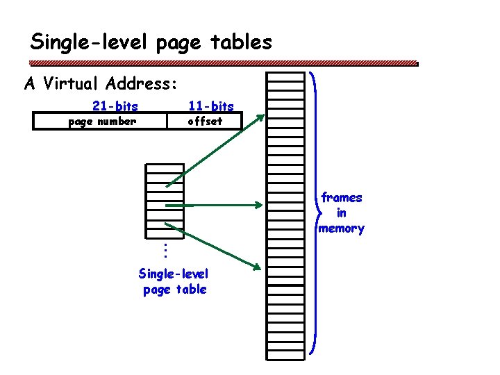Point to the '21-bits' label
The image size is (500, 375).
115,106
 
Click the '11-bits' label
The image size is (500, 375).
211,106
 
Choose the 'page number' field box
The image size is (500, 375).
101,122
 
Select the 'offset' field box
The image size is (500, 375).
206,122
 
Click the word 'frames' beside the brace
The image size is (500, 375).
342,198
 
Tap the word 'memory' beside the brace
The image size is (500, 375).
341,228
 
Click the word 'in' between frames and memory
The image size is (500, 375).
342,213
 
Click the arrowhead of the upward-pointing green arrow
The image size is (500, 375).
260,117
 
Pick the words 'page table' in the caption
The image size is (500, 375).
174,290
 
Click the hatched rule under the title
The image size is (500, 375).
222,62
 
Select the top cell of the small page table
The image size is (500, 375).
165,168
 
